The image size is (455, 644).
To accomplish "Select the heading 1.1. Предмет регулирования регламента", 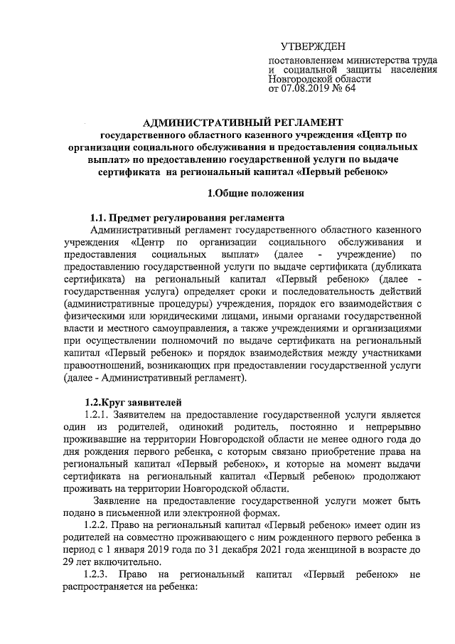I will tap(187, 217).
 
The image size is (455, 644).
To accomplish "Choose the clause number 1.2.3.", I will tap(98, 574).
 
